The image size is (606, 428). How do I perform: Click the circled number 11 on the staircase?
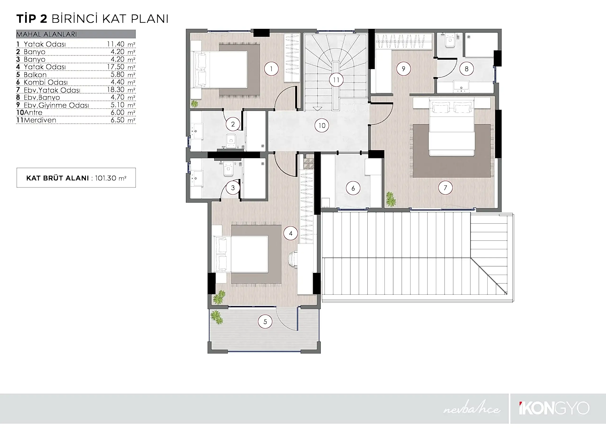(336, 80)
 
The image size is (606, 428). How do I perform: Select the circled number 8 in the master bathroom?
(466, 69)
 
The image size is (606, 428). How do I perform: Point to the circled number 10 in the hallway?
(322, 126)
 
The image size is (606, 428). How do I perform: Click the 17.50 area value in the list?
(116, 67)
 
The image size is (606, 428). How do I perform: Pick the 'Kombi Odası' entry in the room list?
(46, 82)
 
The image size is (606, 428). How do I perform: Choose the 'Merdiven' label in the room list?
(40, 120)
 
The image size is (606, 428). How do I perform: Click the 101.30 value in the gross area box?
(106, 178)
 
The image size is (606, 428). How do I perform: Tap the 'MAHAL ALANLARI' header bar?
(76, 34)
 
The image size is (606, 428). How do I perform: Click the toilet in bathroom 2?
(231, 141)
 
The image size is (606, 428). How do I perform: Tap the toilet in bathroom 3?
(228, 169)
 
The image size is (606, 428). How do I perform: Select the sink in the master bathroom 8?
(461, 85)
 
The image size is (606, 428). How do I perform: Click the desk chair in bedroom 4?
(293, 259)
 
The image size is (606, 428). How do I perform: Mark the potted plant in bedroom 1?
(195, 104)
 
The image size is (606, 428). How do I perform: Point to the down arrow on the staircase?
(317, 109)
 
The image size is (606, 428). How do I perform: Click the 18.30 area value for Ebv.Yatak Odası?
(116, 90)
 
